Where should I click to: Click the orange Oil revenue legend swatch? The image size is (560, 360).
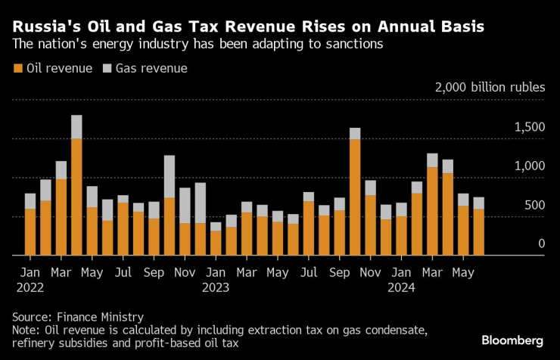[18, 69]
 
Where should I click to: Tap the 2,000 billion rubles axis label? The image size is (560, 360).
[490, 87]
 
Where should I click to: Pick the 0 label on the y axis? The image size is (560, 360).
[540, 244]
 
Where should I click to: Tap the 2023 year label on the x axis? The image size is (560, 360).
[216, 287]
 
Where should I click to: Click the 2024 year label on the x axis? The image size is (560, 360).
[402, 287]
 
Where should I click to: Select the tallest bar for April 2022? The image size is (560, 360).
[76, 185]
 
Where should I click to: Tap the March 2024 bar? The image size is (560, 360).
[432, 204]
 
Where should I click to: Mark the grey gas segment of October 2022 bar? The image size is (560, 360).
[170, 176]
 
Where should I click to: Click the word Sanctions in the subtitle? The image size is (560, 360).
[356, 45]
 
